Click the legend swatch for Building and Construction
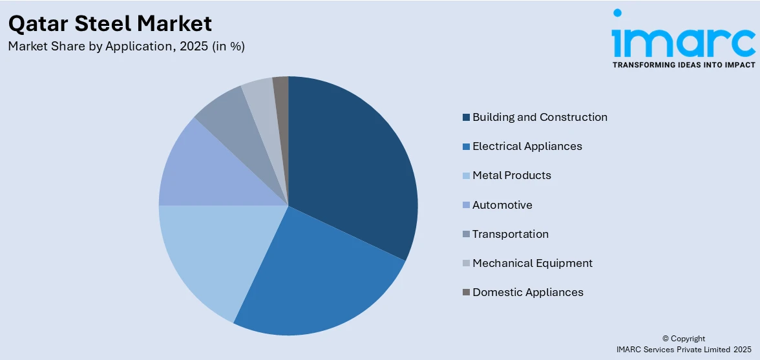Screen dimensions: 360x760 (x=466, y=118)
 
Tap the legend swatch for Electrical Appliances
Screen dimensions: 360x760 (x=466, y=147)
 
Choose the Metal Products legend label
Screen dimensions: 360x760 (x=511, y=176)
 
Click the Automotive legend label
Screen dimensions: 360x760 (x=502, y=205)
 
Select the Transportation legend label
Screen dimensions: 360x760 (x=510, y=234)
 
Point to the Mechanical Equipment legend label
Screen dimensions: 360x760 (x=532, y=263)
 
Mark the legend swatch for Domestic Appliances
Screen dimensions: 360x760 (x=466, y=293)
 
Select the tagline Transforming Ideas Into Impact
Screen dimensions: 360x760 (x=683, y=65)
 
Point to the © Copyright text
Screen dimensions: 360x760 (x=684, y=339)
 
